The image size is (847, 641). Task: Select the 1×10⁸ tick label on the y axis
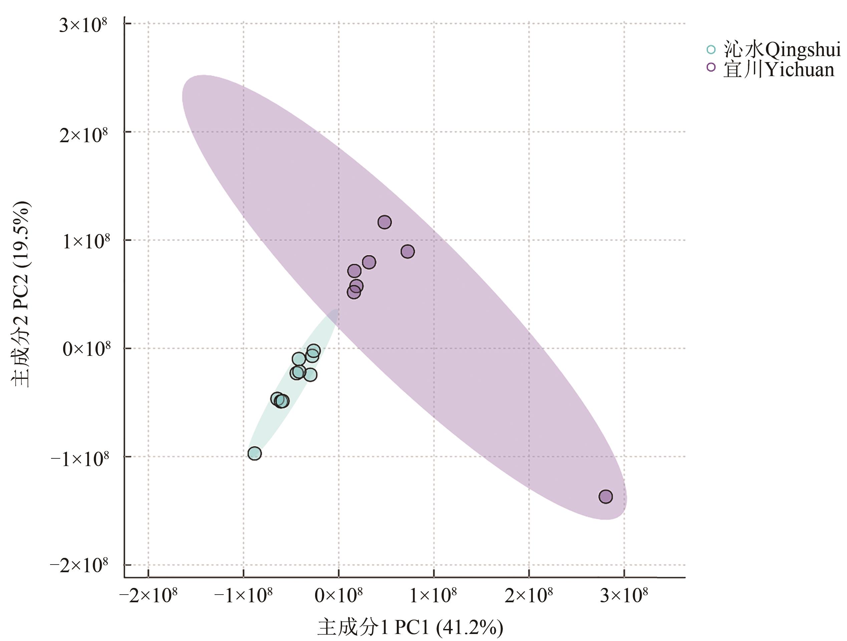click(x=85, y=242)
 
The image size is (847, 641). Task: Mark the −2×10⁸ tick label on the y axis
click(x=79, y=566)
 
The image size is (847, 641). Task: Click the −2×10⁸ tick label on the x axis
click(x=148, y=595)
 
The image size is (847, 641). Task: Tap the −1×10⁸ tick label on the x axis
click(x=243, y=595)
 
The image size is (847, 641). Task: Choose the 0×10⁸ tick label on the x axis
click(x=338, y=595)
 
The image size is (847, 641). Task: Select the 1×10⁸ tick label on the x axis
click(x=434, y=595)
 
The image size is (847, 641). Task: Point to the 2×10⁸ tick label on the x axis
click(x=529, y=595)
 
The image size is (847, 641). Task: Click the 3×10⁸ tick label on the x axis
click(x=624, y=595)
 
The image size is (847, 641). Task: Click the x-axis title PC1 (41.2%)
click(x=410, y=627)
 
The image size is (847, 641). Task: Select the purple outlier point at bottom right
click(x=605, y=496)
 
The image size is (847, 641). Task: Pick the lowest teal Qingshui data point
click(x=255, y=454)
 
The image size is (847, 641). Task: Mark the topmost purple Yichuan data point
click(x=384, y=222)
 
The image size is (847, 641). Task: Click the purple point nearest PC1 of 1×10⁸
click(x=408, y=252)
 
